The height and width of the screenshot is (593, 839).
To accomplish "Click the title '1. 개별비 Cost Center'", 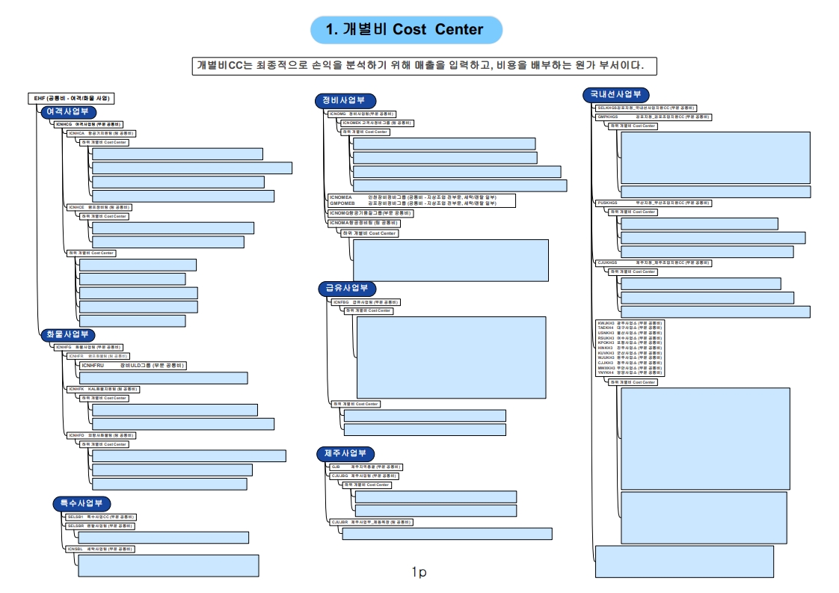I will [x=406, y=30].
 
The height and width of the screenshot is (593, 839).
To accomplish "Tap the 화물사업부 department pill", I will [x=67, y=334].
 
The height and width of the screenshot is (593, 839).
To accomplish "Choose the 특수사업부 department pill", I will [x=82, y=503].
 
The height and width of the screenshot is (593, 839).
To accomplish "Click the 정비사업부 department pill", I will [x=345, y=101].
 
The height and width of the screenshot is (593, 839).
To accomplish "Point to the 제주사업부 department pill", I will [x=345, y=454].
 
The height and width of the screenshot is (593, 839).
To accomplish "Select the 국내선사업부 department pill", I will [x=615, y=95].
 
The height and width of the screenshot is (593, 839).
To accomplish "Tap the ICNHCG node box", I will [x=89, y=123].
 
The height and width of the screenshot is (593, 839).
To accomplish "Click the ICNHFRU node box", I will [x=133, y=366].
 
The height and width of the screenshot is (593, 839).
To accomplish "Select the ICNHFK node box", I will [x=102, y=389].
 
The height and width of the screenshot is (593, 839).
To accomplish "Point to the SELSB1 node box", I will [x=100, y=517].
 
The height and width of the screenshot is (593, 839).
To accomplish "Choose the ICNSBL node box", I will [x=99, y=549].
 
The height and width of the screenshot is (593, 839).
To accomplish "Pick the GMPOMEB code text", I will [x=343, y=203].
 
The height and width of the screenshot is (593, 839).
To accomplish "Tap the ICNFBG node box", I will [x=366, y=302].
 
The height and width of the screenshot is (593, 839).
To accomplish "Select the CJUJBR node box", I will [x=371, y=521].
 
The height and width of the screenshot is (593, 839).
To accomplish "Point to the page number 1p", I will [x=419, y=572].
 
